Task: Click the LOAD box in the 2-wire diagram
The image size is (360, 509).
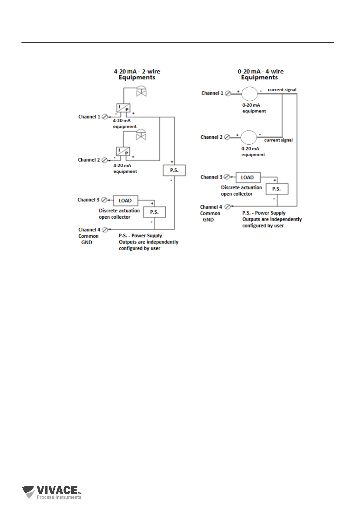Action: [125, 201]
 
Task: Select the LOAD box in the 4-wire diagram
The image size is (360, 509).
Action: [248, 177]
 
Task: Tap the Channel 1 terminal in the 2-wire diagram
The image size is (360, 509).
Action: [105, 117]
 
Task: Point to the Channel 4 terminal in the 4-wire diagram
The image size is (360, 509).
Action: [227, 207]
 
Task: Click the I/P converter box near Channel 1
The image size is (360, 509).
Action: [124, 108]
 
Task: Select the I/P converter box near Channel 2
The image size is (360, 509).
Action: [123, 151]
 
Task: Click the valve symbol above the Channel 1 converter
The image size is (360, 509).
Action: [141, 91]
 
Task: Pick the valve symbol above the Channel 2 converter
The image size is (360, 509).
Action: [141, 135]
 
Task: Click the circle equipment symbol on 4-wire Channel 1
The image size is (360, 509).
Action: [249, 94]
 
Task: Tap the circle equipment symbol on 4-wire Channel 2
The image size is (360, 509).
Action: [248, 137]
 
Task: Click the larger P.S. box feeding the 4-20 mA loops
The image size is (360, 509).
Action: [174, 170]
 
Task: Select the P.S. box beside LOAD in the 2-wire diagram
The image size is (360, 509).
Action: [154, 212]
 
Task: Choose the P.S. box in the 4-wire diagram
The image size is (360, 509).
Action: [277, 189]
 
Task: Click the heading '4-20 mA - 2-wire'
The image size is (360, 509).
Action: [137, 71]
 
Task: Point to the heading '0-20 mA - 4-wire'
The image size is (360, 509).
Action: [261, 71]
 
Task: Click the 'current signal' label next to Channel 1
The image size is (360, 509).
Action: [282, 90]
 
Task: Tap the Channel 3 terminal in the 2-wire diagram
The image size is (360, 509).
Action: [104, 200]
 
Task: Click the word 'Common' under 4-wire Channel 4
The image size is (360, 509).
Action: [210, 213]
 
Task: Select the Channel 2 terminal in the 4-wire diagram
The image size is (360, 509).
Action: [227, 137]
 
